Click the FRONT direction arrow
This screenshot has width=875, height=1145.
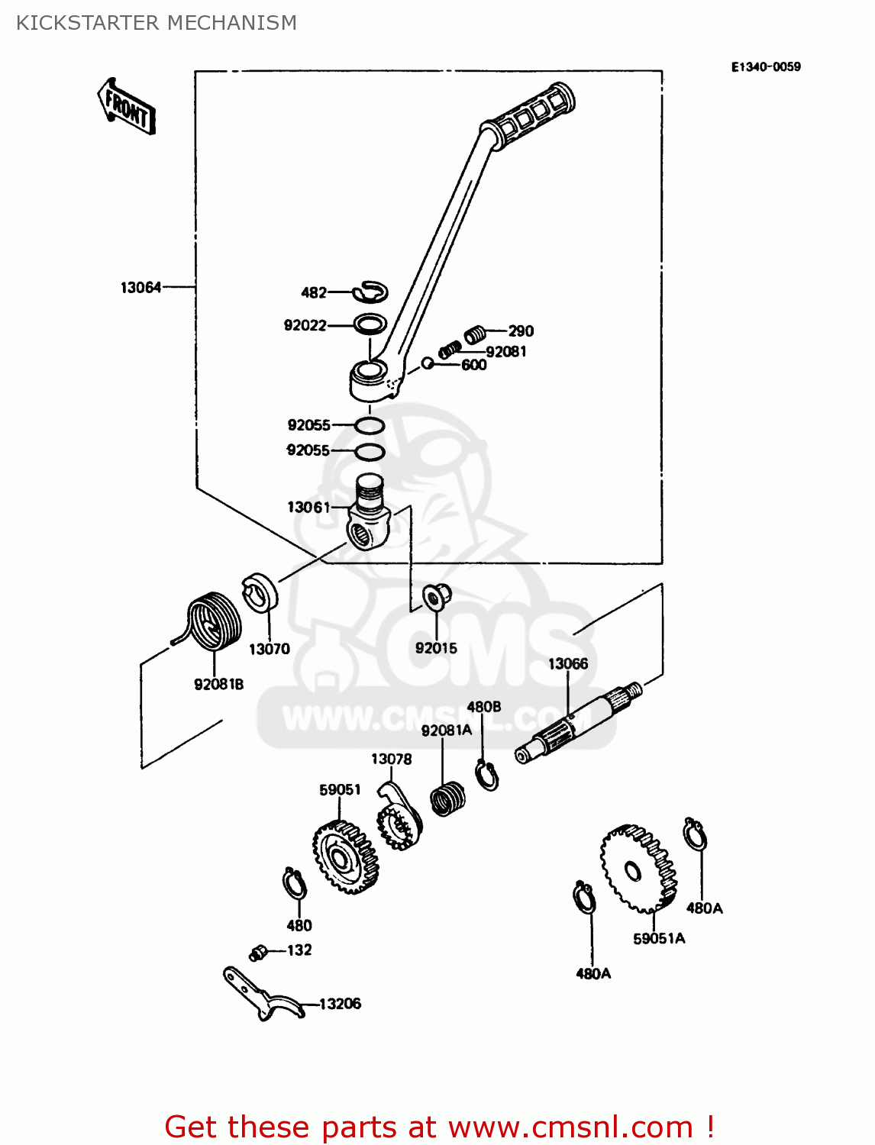click(x=127, y=108)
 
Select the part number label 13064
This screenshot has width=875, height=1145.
click(x=141, y=288)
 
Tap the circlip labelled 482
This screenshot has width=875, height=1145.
click(x=371, y=291)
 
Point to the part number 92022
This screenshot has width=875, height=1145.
click(x=305, y=326)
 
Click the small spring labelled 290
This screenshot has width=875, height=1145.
click(x=476, y=334)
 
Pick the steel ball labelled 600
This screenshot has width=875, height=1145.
click(x=428, y=363)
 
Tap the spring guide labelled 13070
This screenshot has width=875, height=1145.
click(x=260, y=592)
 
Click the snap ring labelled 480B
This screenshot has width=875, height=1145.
click(x=486, y=776)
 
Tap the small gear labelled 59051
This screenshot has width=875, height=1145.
click(x=346, y=857)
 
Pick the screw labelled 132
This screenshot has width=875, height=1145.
click(x=258, y=952)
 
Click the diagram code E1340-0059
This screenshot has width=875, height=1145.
click(x=765, y=67)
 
